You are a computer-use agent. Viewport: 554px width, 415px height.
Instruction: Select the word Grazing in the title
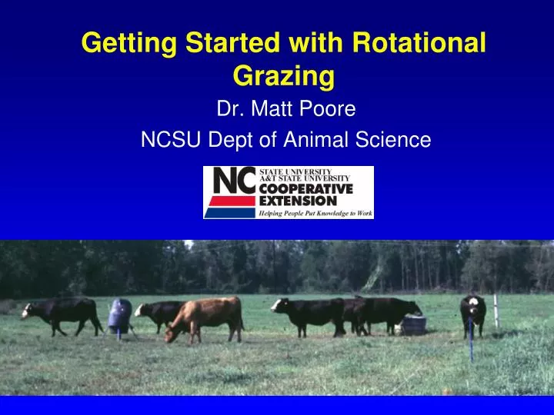282,77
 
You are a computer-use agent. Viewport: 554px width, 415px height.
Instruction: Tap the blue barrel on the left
118,315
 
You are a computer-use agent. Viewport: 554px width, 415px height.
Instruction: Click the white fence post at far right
496,310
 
